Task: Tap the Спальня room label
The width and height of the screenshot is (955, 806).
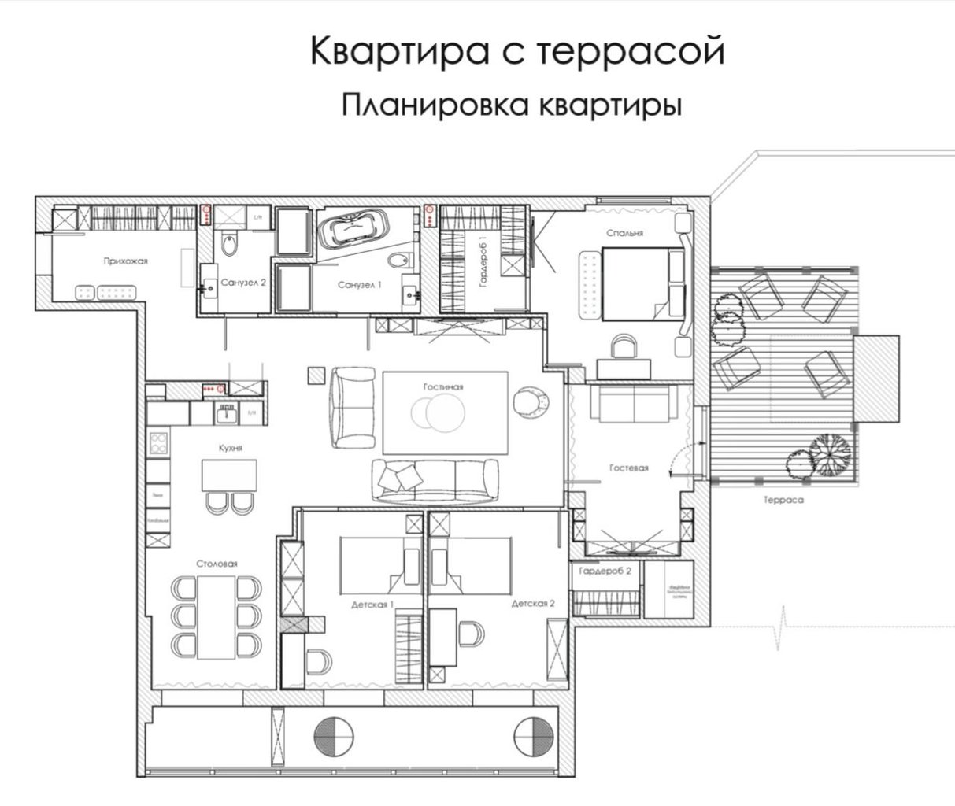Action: [625, 233]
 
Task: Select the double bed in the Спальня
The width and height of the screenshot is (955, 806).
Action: [642, 283]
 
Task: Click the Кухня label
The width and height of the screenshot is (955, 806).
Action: [231, 447]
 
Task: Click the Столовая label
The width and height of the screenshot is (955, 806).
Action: [217, 564]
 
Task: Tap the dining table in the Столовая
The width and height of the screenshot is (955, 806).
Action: [217, 617]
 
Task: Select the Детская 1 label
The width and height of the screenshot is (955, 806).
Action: [373, 604]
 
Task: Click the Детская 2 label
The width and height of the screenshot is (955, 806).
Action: [534, 604]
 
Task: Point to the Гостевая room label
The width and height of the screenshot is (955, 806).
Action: [629, 468]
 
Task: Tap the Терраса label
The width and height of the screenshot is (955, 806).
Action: [784, 499]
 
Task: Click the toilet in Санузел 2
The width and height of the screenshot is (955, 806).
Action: [228, 246]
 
